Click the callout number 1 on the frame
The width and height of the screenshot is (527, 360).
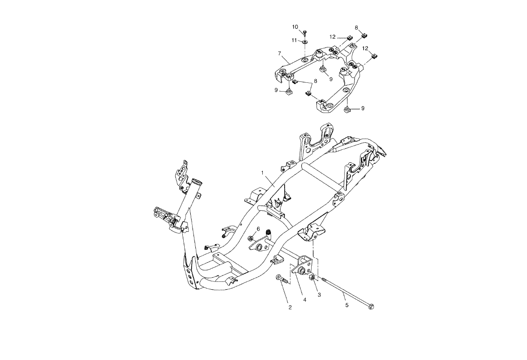point(263,173)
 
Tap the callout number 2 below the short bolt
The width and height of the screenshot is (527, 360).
point(290,307)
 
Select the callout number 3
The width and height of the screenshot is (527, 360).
point(319,295)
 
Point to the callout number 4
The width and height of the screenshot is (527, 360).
point(305,300)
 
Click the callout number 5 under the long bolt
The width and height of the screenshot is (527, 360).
point(347,305)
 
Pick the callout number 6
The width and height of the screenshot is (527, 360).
point(258,229)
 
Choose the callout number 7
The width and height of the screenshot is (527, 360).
point(279,53)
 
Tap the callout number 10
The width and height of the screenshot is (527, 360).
point(295,27)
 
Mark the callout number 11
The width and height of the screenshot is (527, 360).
point(294,40)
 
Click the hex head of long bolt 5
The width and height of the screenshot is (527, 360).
point(371,306)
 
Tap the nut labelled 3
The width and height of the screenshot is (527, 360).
point(313,279)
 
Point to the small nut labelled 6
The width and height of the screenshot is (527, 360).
point(251,239)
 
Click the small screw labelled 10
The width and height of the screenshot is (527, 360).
point(304,33)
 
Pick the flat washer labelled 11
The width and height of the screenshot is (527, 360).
point(304,41)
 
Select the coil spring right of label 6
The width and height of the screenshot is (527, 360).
point(269,232)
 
